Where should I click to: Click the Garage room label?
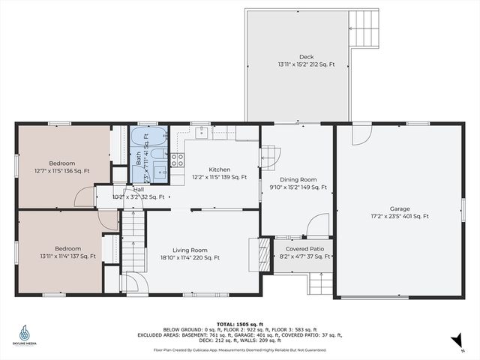coord(398,208)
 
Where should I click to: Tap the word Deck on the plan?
coord(306,57)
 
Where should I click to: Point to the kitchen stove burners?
coord(177,160)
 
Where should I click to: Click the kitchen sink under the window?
coord(202,133)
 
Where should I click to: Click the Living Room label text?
coord(190,250)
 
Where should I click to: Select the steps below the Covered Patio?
coord(320,283)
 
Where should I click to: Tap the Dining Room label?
coord(298,180)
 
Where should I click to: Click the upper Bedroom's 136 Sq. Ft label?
coord(63,171)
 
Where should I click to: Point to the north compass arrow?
coord(456,341)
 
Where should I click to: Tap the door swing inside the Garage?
coord(361,135)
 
